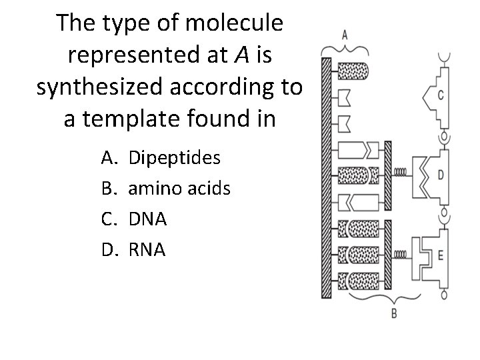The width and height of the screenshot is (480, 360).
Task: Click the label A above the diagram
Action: [x=343, y=33]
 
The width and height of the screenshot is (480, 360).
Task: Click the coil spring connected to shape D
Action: [x=401, y=172]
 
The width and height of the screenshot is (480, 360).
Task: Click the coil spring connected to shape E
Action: [x=401, y=254]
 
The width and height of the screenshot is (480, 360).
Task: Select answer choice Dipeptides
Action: [x=174, y=159]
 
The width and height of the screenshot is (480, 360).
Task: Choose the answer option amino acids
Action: [x=179, y=189]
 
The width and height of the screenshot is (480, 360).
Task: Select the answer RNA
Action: [x=146, y=249]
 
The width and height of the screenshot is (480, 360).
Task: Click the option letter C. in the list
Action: [x=109, y=219]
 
